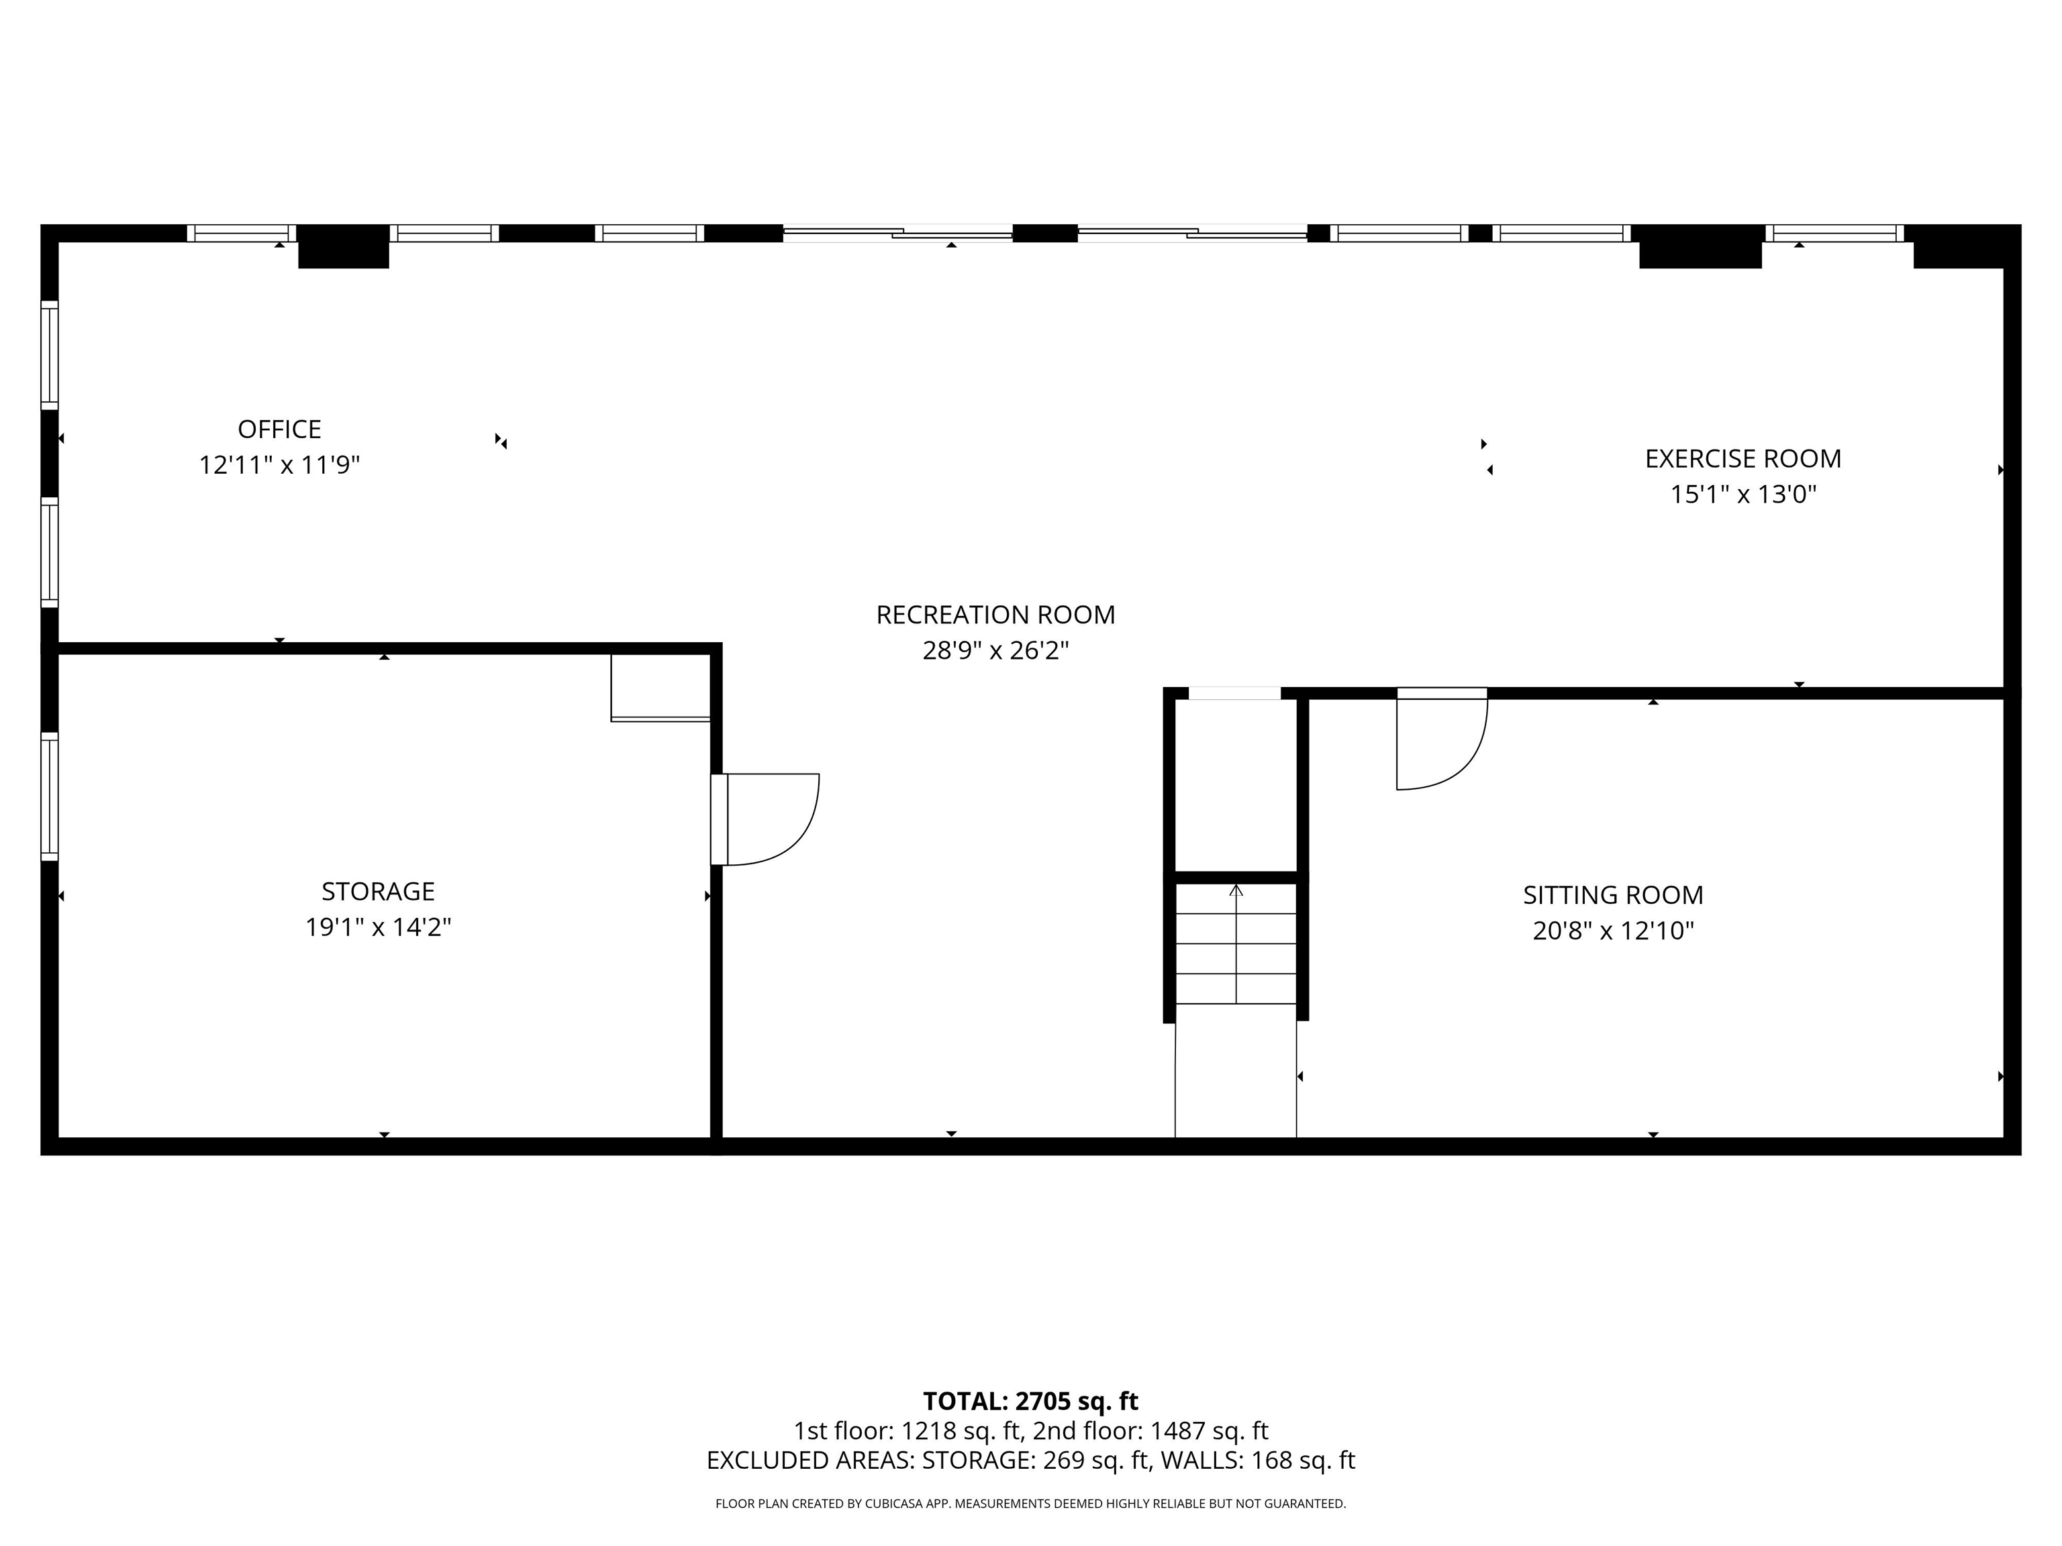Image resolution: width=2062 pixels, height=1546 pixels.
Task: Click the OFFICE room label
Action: tap(280, 429)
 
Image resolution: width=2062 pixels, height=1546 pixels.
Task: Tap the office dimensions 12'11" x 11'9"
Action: tap(280, 465)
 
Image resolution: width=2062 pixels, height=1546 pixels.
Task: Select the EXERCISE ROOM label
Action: tap(1743, 458)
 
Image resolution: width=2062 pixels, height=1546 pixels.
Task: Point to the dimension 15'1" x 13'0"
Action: tap(1743, 495)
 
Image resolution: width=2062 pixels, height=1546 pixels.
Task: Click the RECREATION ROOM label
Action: tap(995, 615)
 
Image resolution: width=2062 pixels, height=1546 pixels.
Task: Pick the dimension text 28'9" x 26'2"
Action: tap(995, 650)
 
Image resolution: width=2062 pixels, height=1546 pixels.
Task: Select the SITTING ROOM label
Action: tap(1613, 896)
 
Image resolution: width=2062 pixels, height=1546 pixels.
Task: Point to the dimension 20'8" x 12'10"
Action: tap(1613, 931)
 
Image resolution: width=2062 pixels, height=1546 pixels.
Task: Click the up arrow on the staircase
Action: tap(1236, 891)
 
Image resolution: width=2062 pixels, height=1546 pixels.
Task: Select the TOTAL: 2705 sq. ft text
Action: tap(1030, 1402)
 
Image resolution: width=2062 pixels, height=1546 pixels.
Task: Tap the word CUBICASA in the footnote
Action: tap(896, 1503)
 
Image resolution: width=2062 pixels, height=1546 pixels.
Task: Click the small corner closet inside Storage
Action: tap(660, 686)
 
